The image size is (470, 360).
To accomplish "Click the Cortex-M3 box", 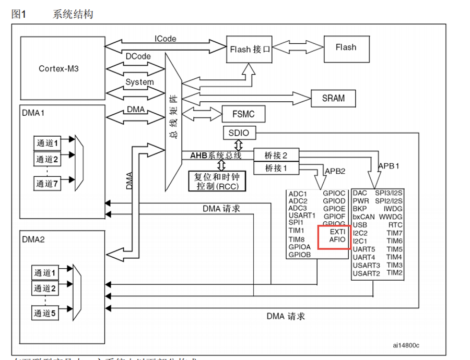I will point(58,68).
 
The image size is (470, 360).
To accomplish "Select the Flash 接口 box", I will point(250,50).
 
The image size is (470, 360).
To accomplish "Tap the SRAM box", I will point(333,98).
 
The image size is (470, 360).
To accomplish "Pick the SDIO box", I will point(239,133).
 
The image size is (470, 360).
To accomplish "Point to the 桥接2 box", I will point(276,155).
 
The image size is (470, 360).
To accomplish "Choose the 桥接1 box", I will point(276,168).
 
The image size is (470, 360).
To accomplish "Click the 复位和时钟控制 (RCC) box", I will point(217,181).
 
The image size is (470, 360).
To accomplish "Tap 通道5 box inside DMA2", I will point(44,314).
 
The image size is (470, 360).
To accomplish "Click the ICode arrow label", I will point(166,39).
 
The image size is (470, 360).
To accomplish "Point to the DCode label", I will point(138,56).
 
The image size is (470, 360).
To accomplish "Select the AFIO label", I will point(337,239).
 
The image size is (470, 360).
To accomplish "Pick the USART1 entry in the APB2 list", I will point(302,215).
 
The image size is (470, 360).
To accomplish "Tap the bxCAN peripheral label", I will point(363,217).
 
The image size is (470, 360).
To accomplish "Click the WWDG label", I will point(391,217).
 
